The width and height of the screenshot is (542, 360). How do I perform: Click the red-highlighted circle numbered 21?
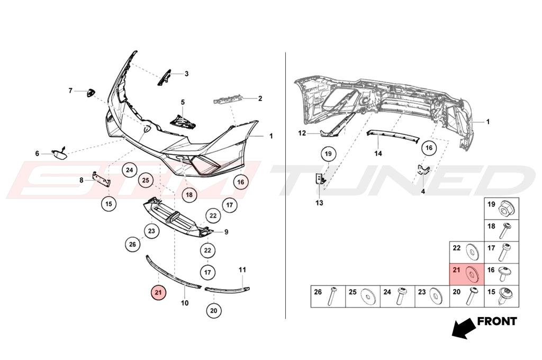(158, 293)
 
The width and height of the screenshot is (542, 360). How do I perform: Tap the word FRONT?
(496, 321)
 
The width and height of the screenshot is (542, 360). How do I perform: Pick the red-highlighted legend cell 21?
(467, 274)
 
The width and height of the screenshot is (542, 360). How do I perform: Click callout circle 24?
(129, 170)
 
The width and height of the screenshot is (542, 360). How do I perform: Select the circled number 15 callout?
(109, 204)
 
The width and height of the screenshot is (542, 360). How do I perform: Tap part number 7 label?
(70, 91)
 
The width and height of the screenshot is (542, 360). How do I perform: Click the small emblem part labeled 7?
(91, 93)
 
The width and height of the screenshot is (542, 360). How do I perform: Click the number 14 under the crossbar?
(378, 153)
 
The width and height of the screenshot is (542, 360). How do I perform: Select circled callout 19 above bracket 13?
(328, 154)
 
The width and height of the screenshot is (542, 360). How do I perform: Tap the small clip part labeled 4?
(423, 170)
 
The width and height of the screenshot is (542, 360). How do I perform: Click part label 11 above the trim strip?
(242, 269)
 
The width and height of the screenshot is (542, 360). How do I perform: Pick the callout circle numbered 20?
(214, 311)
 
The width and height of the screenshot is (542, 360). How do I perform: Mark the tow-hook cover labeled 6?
(59, 153)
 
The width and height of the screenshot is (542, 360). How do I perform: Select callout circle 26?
(132, 245)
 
